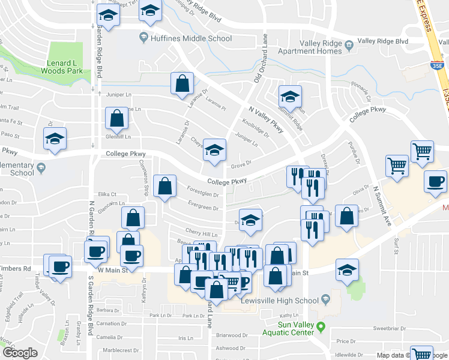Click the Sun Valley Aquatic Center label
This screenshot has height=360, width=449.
pos(287,328)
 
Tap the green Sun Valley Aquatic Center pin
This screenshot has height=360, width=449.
pos(321,328)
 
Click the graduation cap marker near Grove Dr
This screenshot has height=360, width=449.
pos(214,150)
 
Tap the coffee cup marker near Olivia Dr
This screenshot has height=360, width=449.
pos(435,181)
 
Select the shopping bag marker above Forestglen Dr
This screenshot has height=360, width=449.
pos(164,186)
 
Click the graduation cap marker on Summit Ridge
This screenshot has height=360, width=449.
pos(290,97)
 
